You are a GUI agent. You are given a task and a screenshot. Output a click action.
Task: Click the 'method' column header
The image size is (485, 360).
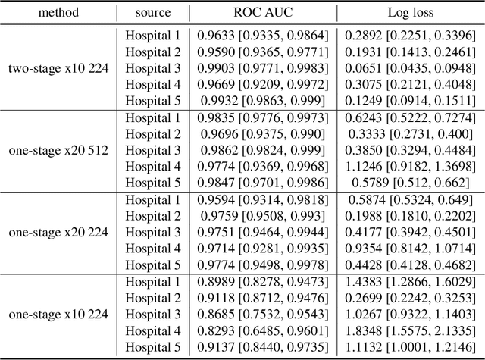58,14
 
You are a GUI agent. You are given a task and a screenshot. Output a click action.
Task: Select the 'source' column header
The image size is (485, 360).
152,14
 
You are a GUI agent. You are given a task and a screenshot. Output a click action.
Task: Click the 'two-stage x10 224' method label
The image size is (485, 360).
58,68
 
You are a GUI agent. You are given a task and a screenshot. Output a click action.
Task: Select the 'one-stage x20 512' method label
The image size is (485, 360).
58,150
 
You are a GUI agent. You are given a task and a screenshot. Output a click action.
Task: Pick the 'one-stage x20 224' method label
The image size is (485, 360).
58,232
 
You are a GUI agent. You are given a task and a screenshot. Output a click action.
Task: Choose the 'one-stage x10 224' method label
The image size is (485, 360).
58,314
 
